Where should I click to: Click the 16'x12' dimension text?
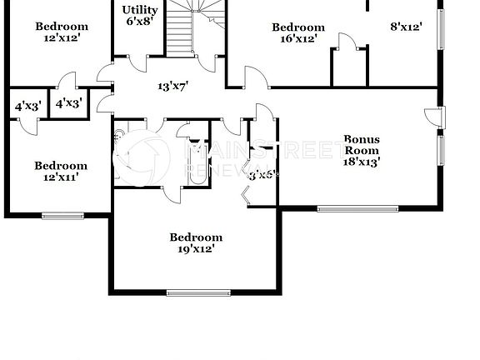click(x=297, y=39)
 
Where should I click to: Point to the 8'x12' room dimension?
click(x=406, y=27)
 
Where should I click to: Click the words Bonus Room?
click(x=362, y=145)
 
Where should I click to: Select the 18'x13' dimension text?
click(x=362, y=162)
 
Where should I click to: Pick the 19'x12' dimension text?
click(x=196, y=248)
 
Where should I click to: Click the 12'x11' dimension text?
click(x=61, y=177)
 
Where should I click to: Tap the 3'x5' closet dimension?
click(x=263, y=175)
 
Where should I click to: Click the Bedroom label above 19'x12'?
click(x=196, y=237)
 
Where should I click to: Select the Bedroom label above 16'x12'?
click(x=297, y=27)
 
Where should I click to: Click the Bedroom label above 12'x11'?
click(x=61, y=166)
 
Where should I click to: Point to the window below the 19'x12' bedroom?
click(x=197, y=292)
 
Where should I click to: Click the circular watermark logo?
click(x=146, y=157)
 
